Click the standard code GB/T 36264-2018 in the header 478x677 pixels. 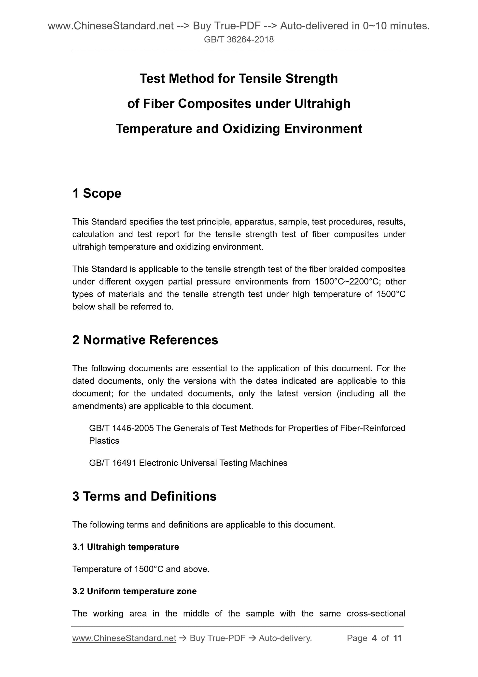239,40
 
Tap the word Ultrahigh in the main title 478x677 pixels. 322,104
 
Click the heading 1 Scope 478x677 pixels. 97,194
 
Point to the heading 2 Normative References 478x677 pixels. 145,340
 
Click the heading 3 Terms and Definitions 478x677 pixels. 144,496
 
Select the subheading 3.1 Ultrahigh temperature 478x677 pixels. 126,547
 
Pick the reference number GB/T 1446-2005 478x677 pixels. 121,428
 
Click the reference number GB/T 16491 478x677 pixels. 112,463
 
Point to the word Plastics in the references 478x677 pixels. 104,441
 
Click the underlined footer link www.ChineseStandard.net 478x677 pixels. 124,638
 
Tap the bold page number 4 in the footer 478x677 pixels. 374,638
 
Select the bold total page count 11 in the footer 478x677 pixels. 397,638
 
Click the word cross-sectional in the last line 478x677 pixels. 376,614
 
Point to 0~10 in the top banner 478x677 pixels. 375,26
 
